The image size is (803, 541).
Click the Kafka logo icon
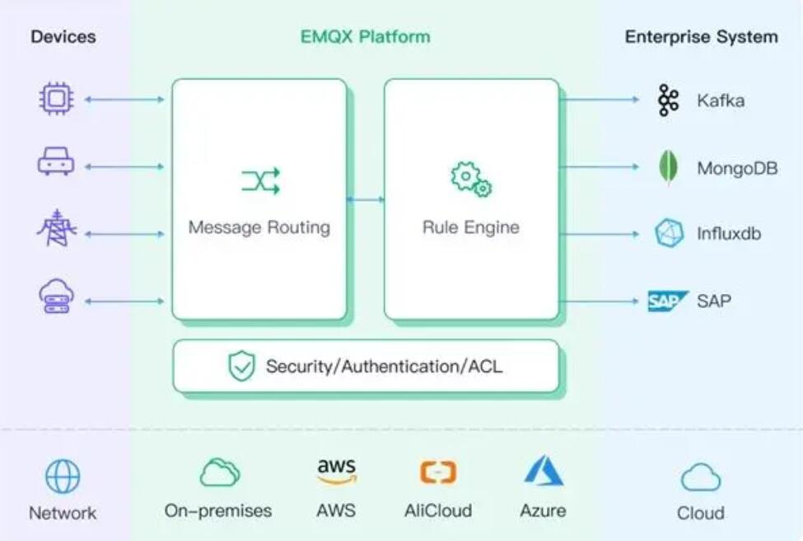click(x=668, y=100)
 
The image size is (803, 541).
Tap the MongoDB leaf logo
click(x=668, y=167)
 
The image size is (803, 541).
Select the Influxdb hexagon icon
click(x=669, y=233)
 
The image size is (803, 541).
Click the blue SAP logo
click(x=667, y=301)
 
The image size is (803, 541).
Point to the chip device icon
click(x=56, y=99)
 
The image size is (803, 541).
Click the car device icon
click(x=56, y=161)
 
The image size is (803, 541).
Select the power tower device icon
click(x=57, y=228)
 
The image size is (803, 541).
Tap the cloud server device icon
click(x=56, y=296)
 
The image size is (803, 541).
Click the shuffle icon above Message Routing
click(x=261, y=180)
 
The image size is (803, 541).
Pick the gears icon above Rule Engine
click(x=470, y=180)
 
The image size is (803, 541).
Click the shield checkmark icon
click(x=241, y=366)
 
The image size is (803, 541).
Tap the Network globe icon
click(x=63, y=476)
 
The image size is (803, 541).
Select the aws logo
click(x=337, y=471)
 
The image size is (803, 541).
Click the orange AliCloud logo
click(x=438, y=472)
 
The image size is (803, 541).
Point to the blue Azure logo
click(x=544, y=470)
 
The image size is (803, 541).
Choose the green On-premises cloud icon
click(x=219, y=472)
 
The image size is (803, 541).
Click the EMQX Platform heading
click(x=365, y=37)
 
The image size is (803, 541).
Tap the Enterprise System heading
click(x=702, y=37)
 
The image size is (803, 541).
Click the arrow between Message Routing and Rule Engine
click(x=366, y=199)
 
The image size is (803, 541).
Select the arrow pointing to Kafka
click(x=600, y=100)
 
